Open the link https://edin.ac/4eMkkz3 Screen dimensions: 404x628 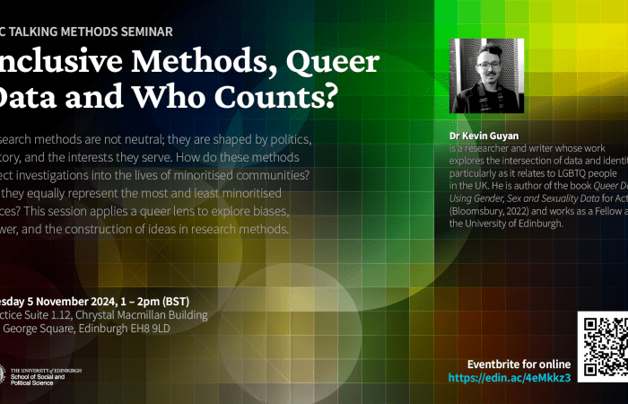[x=510, y=377]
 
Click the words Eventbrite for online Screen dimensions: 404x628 [x=519, y=364]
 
